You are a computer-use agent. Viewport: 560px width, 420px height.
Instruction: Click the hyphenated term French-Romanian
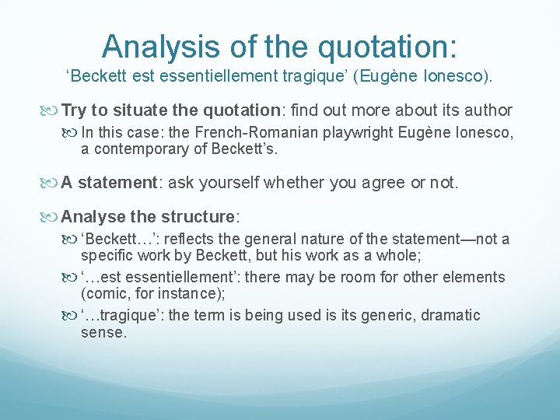pos(250,132)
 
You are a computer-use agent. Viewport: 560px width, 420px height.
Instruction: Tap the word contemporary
pos(135,149)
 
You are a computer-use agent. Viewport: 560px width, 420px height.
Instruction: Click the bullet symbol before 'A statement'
pos(51,183)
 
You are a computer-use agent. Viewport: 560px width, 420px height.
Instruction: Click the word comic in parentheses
pos(105,293)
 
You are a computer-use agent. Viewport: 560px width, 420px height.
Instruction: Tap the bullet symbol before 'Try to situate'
pos(51,110)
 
